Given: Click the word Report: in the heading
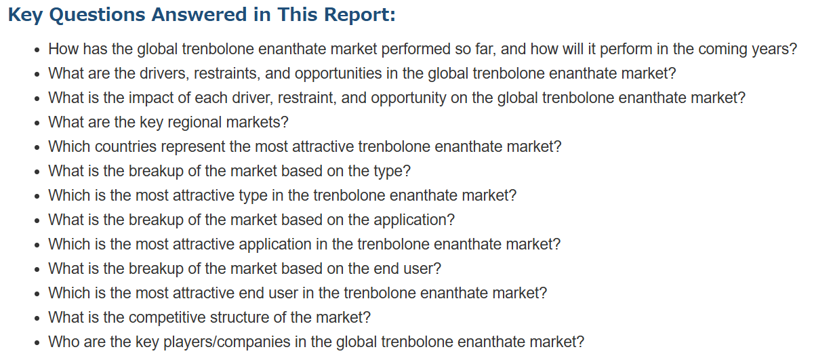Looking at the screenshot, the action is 359,15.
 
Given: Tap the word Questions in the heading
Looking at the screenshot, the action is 98,16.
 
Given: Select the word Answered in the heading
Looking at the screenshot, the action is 199,15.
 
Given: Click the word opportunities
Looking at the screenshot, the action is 338,74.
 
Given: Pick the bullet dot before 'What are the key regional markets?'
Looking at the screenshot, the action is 37,123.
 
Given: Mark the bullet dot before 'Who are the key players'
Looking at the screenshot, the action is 37,343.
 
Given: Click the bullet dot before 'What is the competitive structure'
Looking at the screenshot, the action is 37,319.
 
